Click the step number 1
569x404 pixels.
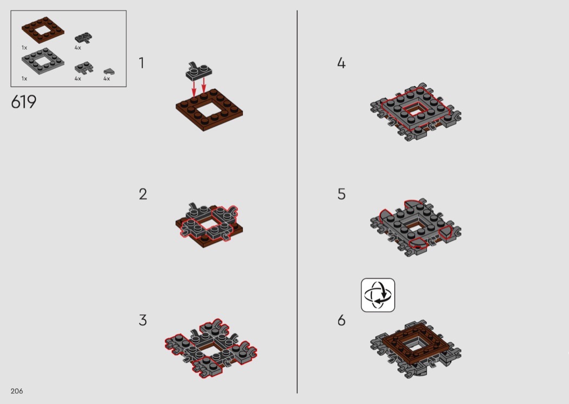coord(141,63)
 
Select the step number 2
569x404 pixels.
coord(143,194)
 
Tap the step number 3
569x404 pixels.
coord(143,320)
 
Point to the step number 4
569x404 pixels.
coord(341,63)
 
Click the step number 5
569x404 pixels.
coord(341,194)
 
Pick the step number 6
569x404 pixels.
coord(341,320)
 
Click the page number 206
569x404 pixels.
coord(17,391)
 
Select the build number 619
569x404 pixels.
coord(24,102)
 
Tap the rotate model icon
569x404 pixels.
coord(378,295)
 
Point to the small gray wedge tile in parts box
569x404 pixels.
coord(109,71)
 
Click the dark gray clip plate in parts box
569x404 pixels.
coord(83,38)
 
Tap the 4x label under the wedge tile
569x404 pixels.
coord(107,79)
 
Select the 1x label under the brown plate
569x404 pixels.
coord(24,48)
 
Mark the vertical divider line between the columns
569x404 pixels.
coord(297,201)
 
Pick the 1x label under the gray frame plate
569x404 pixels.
coord(24,79)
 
